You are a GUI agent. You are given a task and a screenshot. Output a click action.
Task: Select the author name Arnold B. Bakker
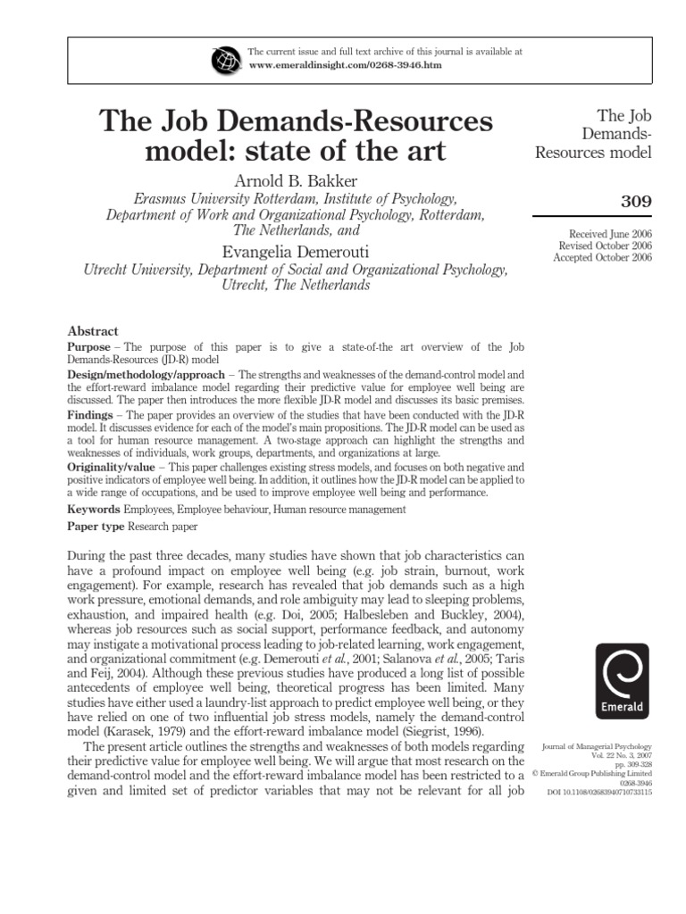click(x=296, y=181)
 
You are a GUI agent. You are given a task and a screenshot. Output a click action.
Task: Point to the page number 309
click(x=636, y=202)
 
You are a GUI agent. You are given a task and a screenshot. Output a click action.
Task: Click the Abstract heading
click(x=93, y=330)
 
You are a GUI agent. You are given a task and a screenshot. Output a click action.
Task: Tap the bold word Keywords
click(x=95, y=509)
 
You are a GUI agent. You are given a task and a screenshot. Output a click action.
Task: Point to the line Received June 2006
click(x=606, y=233)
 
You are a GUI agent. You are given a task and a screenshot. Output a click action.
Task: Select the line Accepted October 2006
click(x=603, y=257)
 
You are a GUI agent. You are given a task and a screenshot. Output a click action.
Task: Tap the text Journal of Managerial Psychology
click(x=597, y=744)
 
